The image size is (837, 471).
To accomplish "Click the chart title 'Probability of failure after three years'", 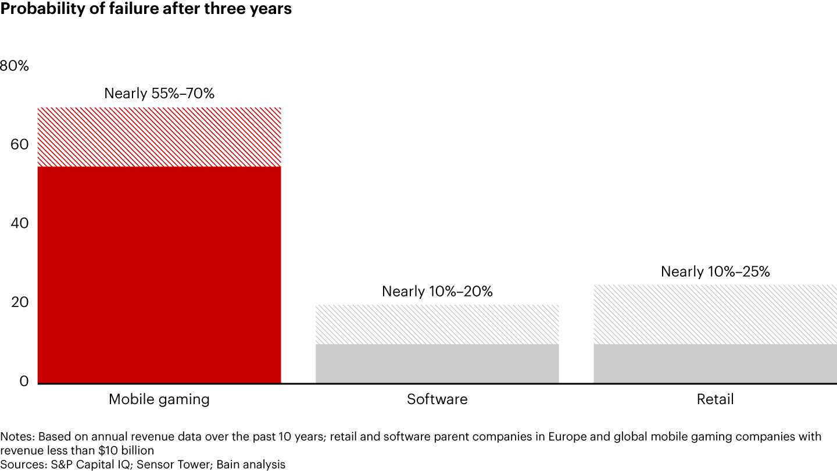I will (x=146, y=9).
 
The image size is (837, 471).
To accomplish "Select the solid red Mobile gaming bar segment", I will (x=159, y=274).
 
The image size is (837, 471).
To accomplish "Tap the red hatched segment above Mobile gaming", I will (x=159, y=137).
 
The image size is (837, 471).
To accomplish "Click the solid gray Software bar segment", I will (x=437, y=363).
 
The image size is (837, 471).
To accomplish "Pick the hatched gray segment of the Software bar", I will (x=437, y=324).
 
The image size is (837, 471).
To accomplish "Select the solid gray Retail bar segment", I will (x=715, y=363).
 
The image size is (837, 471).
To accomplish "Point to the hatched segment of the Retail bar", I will (x=715, y=315).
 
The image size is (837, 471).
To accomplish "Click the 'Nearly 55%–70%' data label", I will (x=159, y=93).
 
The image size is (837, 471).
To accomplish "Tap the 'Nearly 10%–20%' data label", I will (x=437, y=291).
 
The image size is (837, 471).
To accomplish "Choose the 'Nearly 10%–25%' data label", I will (x=715, y=272).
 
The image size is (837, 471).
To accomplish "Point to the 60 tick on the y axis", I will (x=20, y=144).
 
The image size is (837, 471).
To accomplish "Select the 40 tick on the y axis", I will (x=20, y=224).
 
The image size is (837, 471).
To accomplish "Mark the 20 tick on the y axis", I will (x=20, y=302).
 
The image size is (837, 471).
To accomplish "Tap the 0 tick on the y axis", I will (x=24, y=381).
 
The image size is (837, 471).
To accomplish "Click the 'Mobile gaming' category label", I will (x=159, y=399).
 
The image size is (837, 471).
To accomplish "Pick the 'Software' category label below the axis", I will (x=437, y=399).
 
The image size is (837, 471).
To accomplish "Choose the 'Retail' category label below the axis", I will (x=715, y=399).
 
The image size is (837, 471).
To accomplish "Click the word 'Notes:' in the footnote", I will (x=17, y=437).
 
